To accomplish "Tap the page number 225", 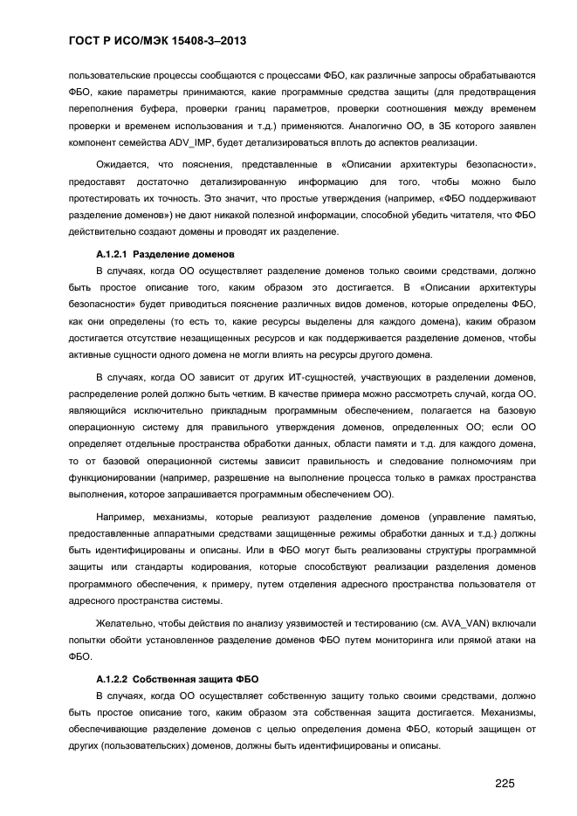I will [x=504, y=783].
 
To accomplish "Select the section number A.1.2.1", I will [x=112, y=255].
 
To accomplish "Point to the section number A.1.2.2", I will [x=112, y=678].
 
